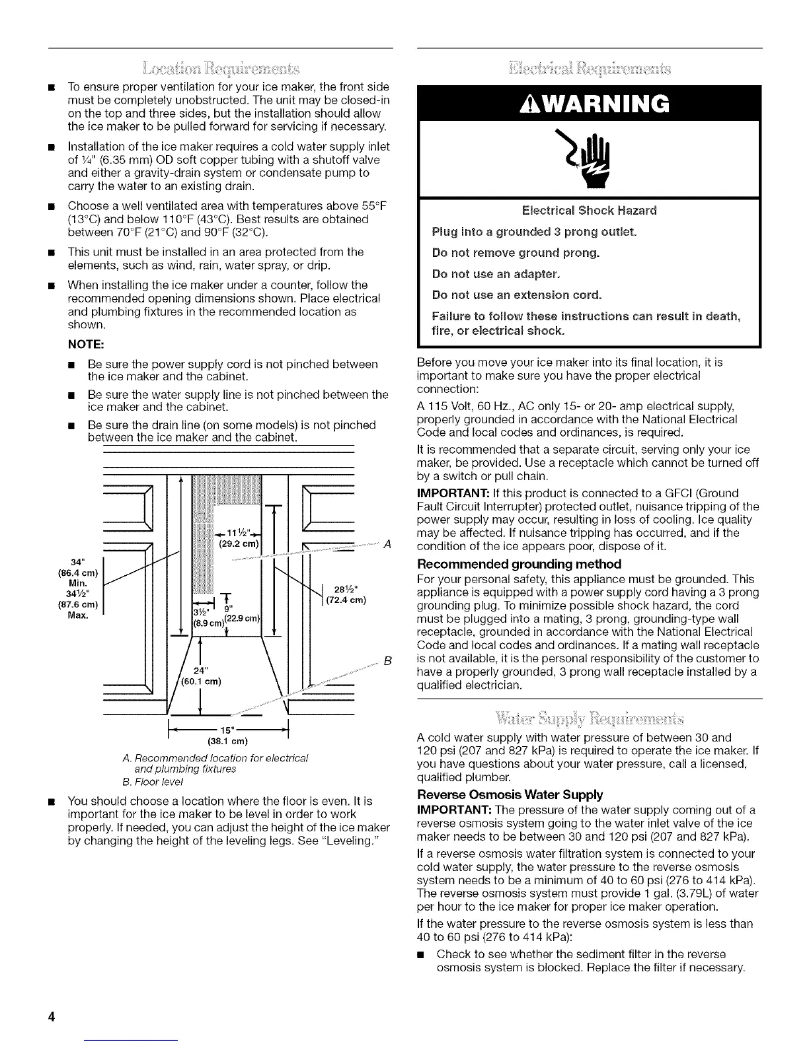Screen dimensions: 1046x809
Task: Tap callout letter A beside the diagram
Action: tap(388, 543)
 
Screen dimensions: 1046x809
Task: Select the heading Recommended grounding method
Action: tap(520, 564)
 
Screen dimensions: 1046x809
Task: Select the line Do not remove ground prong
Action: tap(516, 253)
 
